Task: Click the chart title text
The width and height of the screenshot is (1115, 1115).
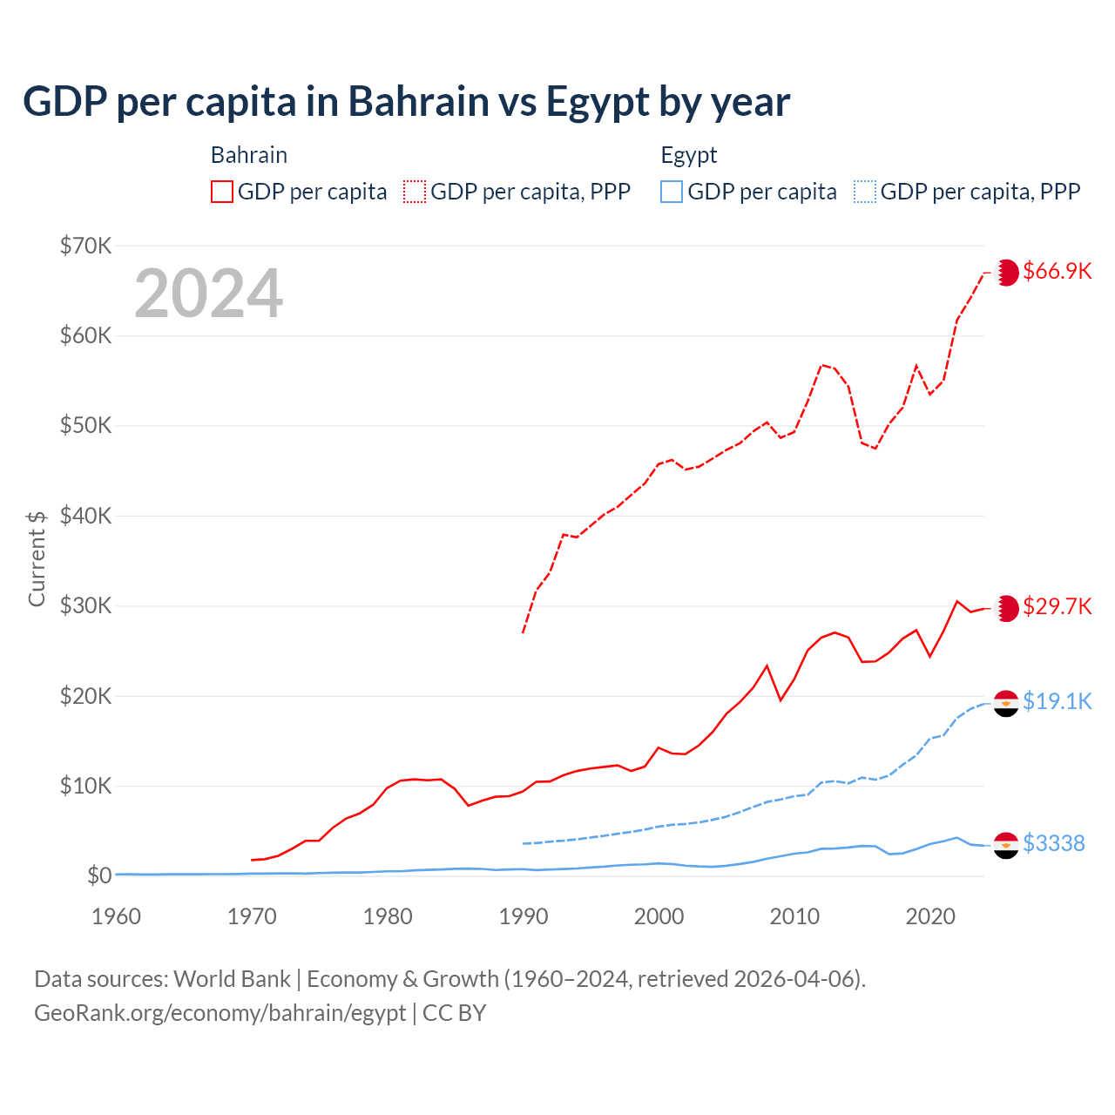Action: click(406, 102)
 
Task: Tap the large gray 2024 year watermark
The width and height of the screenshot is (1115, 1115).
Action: click(208, 294)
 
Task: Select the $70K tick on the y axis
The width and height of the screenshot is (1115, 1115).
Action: click(85, 246)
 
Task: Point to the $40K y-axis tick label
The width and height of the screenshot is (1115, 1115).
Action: click(85, 516)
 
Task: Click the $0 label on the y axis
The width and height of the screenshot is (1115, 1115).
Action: click(99, 875)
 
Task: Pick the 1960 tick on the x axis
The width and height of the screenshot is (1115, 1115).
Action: click(116, 916)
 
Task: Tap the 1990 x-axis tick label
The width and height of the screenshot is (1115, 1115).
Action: click(524, 916)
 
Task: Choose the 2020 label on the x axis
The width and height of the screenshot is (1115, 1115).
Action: click(930, 916)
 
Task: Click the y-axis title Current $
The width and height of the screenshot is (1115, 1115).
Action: click(37, 558)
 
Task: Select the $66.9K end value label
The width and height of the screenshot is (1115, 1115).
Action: click(1057, 271)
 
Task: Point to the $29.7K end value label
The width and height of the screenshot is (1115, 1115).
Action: click(1057, 606)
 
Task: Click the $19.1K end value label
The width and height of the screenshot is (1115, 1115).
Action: click(1057, 701)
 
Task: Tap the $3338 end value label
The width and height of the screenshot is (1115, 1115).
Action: click(1053, 843)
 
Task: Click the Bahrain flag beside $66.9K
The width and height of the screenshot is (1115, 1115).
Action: click(1006, 273)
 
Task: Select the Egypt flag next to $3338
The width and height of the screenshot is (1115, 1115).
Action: click(1006, 844)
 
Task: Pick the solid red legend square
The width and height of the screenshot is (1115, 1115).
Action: click(222, 192)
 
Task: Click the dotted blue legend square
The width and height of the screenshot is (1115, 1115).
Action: click(865, 192)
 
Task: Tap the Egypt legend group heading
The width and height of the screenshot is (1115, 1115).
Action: click(688, 155)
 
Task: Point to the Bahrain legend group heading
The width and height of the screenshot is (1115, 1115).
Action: click(248, 155)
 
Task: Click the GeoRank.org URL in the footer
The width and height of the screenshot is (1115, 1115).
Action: click(220, 1013)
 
